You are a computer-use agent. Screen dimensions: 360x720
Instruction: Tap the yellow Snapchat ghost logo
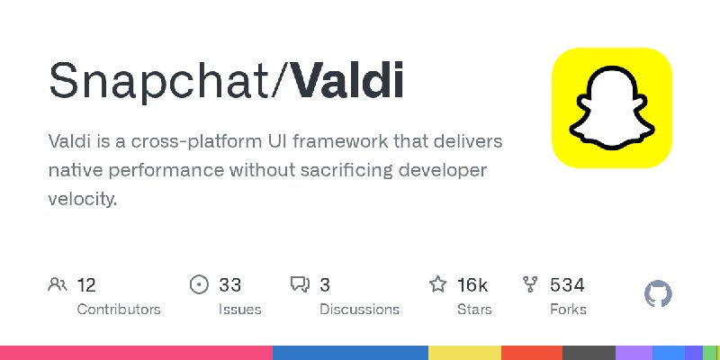[612, 108]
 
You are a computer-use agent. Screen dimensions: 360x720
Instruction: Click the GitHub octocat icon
[659, 294]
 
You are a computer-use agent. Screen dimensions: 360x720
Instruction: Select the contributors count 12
[86, 285]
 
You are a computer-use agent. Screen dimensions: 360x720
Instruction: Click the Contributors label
[119, 310]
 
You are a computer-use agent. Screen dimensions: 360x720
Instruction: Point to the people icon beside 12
[58, 285]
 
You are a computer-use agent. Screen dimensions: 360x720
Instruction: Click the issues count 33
[230, 285]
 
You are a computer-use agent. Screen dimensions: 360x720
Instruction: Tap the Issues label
[239, 310]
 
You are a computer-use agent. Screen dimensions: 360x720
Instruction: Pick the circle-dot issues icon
[200, 285]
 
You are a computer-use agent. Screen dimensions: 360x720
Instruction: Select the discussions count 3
[325, 285]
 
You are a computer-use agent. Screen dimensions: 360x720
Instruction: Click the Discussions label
[359, 310]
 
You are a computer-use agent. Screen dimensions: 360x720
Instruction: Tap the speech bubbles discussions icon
[300, 285]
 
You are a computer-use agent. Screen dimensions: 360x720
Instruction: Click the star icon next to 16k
[438, 285]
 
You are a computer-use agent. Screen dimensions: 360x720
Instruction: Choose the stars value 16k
[472, 285]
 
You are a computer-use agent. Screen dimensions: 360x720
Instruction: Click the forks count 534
[567, 285]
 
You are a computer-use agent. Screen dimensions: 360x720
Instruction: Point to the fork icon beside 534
[531, 285]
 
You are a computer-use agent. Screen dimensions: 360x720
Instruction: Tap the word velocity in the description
[82, 199]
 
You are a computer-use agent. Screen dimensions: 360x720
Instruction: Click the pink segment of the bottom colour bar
[135, 352]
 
